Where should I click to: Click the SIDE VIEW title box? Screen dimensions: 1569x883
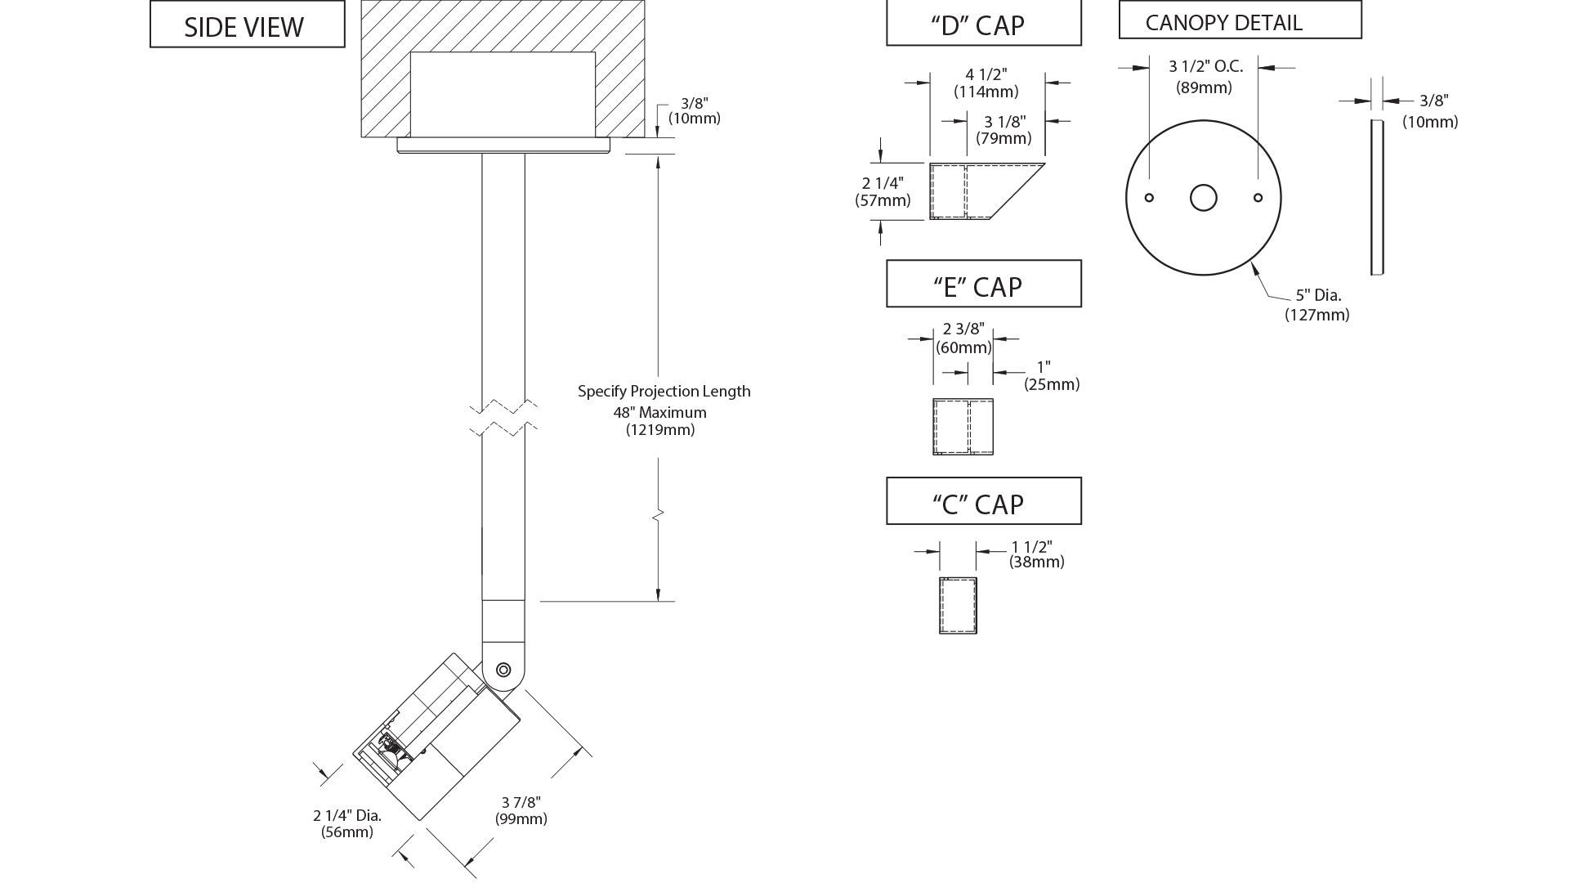click(247, 24)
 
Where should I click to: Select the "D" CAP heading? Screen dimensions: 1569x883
click(977, 25)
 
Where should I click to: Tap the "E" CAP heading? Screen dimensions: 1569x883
click(977, 287)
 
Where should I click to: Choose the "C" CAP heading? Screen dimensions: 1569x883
click(977, 504)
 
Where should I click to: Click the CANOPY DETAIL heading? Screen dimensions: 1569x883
click(1223, 23)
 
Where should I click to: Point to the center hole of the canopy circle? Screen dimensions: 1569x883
click(1203, 198)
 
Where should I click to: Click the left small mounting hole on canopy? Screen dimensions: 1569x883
click(1149, 198)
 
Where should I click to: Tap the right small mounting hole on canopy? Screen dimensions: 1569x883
click(1258, 198)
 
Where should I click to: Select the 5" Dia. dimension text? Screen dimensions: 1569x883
click(1318, 295)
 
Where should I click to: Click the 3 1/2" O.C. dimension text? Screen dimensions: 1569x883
click(1205, 67)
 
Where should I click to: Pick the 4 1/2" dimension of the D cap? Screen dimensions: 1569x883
click(986, 74)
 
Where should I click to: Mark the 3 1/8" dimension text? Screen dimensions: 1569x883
click(1004, 122)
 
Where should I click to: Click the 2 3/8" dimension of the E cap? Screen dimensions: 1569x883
click(963, 329)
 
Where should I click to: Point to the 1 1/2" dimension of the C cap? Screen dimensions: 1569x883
click(1031, 546)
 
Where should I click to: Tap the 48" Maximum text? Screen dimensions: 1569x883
click(660, 412)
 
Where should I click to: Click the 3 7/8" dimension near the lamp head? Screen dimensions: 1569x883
click(521, 802)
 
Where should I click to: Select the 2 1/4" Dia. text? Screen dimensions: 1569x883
click(347, 815)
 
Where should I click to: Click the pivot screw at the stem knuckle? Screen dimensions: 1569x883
click(503, 670)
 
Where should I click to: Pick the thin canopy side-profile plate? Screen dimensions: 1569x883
click(1377, 197)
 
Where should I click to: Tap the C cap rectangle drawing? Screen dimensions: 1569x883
click(958, 606)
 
